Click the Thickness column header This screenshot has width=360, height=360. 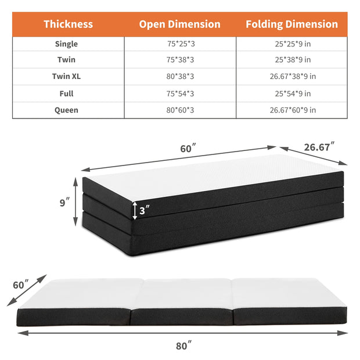68,24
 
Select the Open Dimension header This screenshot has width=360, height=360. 179,24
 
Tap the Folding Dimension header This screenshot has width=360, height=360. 291,24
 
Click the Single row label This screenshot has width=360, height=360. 66,44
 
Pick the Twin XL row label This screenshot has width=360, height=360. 66,77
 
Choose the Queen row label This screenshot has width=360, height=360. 66,110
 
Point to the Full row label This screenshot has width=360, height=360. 66,93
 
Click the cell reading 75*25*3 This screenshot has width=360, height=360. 179,44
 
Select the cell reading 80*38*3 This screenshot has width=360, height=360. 179,77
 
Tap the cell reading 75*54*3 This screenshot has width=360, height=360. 179,93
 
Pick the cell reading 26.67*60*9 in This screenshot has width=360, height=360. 292,110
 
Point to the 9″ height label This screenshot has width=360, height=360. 65,203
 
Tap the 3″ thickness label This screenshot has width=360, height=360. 144,211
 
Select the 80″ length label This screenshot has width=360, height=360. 183,346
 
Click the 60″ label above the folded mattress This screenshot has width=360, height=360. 187,149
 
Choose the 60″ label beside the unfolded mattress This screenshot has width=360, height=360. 19,285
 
